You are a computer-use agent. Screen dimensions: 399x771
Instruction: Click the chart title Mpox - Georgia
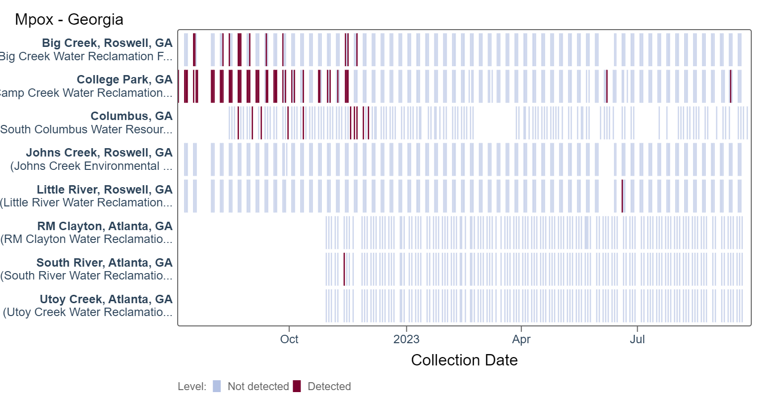[x=69, y=20]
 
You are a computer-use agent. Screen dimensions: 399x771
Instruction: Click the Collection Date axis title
[x=464, y=360]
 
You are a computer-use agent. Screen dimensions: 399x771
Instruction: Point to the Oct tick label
[x=289, y=339]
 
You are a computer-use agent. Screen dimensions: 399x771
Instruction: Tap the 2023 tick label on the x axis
[x=406, y=339]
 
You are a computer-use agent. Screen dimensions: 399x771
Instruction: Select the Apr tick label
[x=521, y=339]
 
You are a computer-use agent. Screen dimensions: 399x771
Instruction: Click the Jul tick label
[x=637, y=339]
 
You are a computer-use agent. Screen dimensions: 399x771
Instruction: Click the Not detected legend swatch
[x=217, y=386]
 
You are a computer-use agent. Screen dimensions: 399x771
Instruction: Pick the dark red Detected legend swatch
[x=297, y=386]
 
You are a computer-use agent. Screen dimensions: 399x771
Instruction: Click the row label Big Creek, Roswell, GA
[x=107, y=43]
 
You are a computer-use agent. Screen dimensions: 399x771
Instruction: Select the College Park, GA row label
[x=124, y=80]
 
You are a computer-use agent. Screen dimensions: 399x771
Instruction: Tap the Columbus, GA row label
[x=131, y=116]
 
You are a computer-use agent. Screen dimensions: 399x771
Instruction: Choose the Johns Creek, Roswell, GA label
[x=99, y=153]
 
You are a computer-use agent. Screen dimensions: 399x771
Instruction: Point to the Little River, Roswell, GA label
[x=105, y=190]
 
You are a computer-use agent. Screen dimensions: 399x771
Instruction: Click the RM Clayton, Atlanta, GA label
[x=105, y=226]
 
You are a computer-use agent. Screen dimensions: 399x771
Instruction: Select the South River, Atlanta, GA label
[x=104, y=263]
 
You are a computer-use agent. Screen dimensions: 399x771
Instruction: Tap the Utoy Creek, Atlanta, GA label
[x=106, y=299]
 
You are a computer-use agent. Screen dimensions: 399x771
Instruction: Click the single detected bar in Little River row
[x=622, y=196]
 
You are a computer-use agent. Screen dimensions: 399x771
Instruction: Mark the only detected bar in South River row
[x=344, y=269]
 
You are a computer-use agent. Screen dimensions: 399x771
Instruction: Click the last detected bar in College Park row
[x=731, y=86]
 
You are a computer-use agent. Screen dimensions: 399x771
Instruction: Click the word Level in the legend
[x=191, y=386]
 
